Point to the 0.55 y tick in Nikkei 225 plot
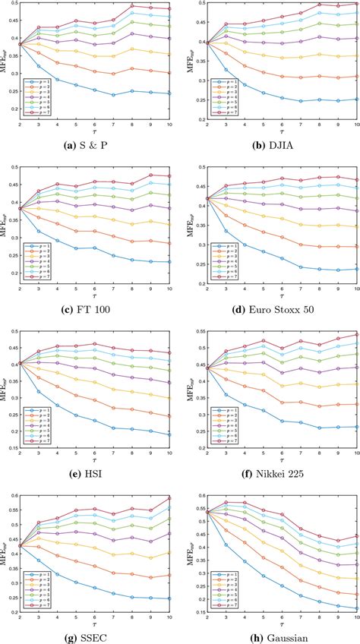click(x=194, y=333)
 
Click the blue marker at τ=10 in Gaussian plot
click(x=358, y=607)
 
